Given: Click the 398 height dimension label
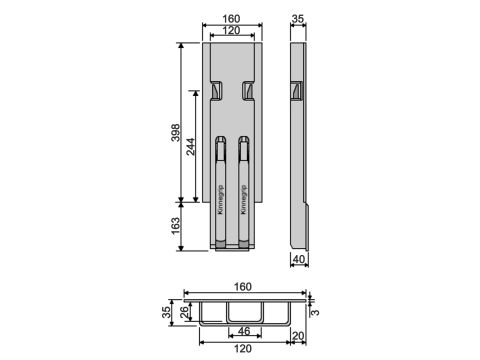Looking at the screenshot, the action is [x=175, y=133].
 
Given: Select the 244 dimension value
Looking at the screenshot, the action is [x=191, y=147].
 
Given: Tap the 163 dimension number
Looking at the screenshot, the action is [x=175, y=226].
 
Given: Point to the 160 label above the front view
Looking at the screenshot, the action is [x=231, y=19].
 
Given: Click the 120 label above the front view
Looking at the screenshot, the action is [x=231, y=30].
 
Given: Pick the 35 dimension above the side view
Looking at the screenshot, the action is [x=298, y=19].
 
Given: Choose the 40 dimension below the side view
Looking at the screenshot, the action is [x=299, y=259].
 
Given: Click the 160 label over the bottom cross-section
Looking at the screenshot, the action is [x=243, y=287].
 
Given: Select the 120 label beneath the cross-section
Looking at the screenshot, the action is [x=243, y=349].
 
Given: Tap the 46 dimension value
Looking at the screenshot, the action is [x=244, y=331].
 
